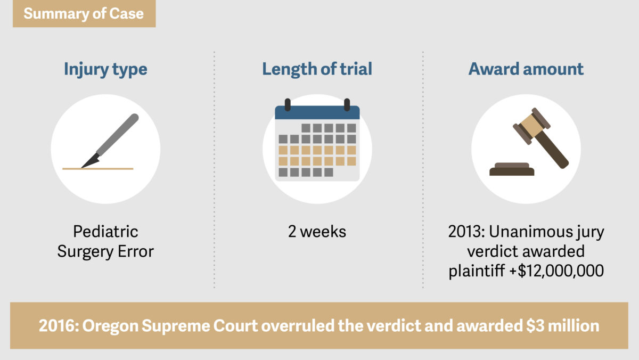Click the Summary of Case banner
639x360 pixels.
[84, 13]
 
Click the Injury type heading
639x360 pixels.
[105, 69]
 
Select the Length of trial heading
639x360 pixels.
[317, 69]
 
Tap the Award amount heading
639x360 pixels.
[526, 69]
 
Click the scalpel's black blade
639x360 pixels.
[91, 161]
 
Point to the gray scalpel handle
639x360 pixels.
[118, 135]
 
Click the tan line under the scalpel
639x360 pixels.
[98, 169]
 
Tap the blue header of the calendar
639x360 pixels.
[317, 112]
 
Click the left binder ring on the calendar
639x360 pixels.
[288, 105]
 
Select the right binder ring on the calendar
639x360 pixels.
[347, 105]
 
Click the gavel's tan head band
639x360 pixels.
[531, 126]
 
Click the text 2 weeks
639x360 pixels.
[317, 231]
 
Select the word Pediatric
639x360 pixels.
[105, 231]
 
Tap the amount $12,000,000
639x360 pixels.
[561, 271]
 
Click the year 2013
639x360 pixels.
[464, 231]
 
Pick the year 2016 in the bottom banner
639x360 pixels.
[57, 326]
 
